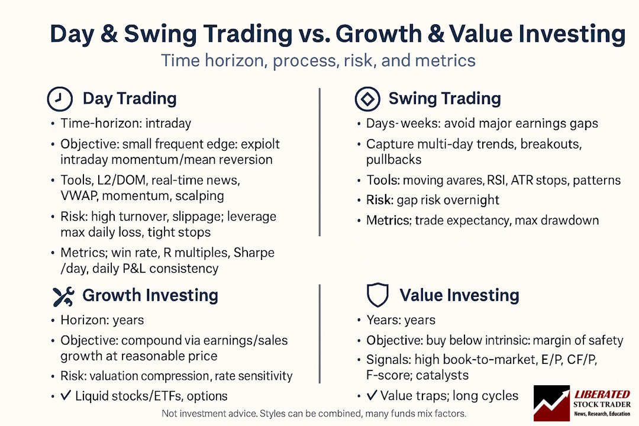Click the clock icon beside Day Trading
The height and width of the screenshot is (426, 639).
point(59,99)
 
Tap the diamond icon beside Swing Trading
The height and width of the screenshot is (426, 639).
point(367,99)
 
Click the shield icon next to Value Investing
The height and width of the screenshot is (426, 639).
point(377,295)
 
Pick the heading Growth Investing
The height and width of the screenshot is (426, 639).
point(150,295)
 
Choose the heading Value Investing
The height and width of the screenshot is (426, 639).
point(459,295)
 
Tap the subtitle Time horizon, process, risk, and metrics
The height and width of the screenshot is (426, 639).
point(318,62)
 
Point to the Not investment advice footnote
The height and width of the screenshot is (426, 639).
point(314,414)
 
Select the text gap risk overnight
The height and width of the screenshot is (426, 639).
point(447,200)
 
